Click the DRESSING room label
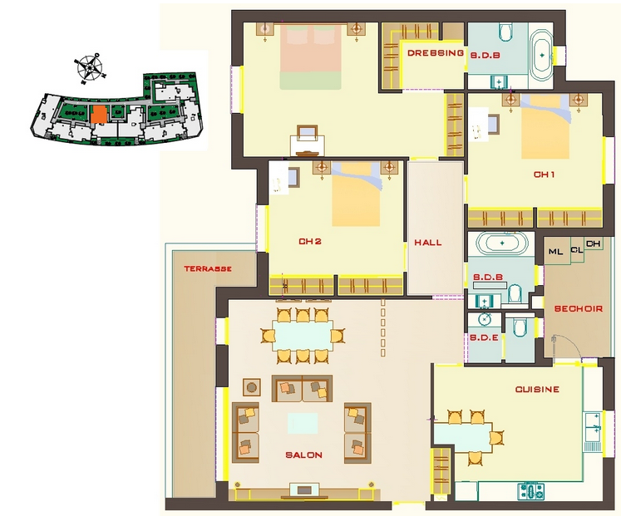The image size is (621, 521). (436, 53)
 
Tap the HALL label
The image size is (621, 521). (428, 243)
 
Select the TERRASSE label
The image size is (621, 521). (208, 269)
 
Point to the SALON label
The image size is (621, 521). (303, 455)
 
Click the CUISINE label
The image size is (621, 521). (537, 390)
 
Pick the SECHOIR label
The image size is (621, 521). (579, 309)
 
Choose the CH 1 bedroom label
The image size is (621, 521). (545, 174)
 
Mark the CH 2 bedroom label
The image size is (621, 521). (310, 242)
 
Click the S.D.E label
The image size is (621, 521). (485, 338)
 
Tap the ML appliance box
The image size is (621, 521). (557, 251)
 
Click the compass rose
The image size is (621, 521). (90, 67)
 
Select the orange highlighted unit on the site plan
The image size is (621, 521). (98, 114)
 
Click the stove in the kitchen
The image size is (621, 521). (531, 491)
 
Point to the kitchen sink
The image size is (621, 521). (593, 427)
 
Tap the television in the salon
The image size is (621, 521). (304, 490)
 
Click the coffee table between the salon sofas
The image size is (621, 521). (303, 423)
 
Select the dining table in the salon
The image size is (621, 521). (302, 337)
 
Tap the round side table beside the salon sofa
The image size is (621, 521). (251, 387)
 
